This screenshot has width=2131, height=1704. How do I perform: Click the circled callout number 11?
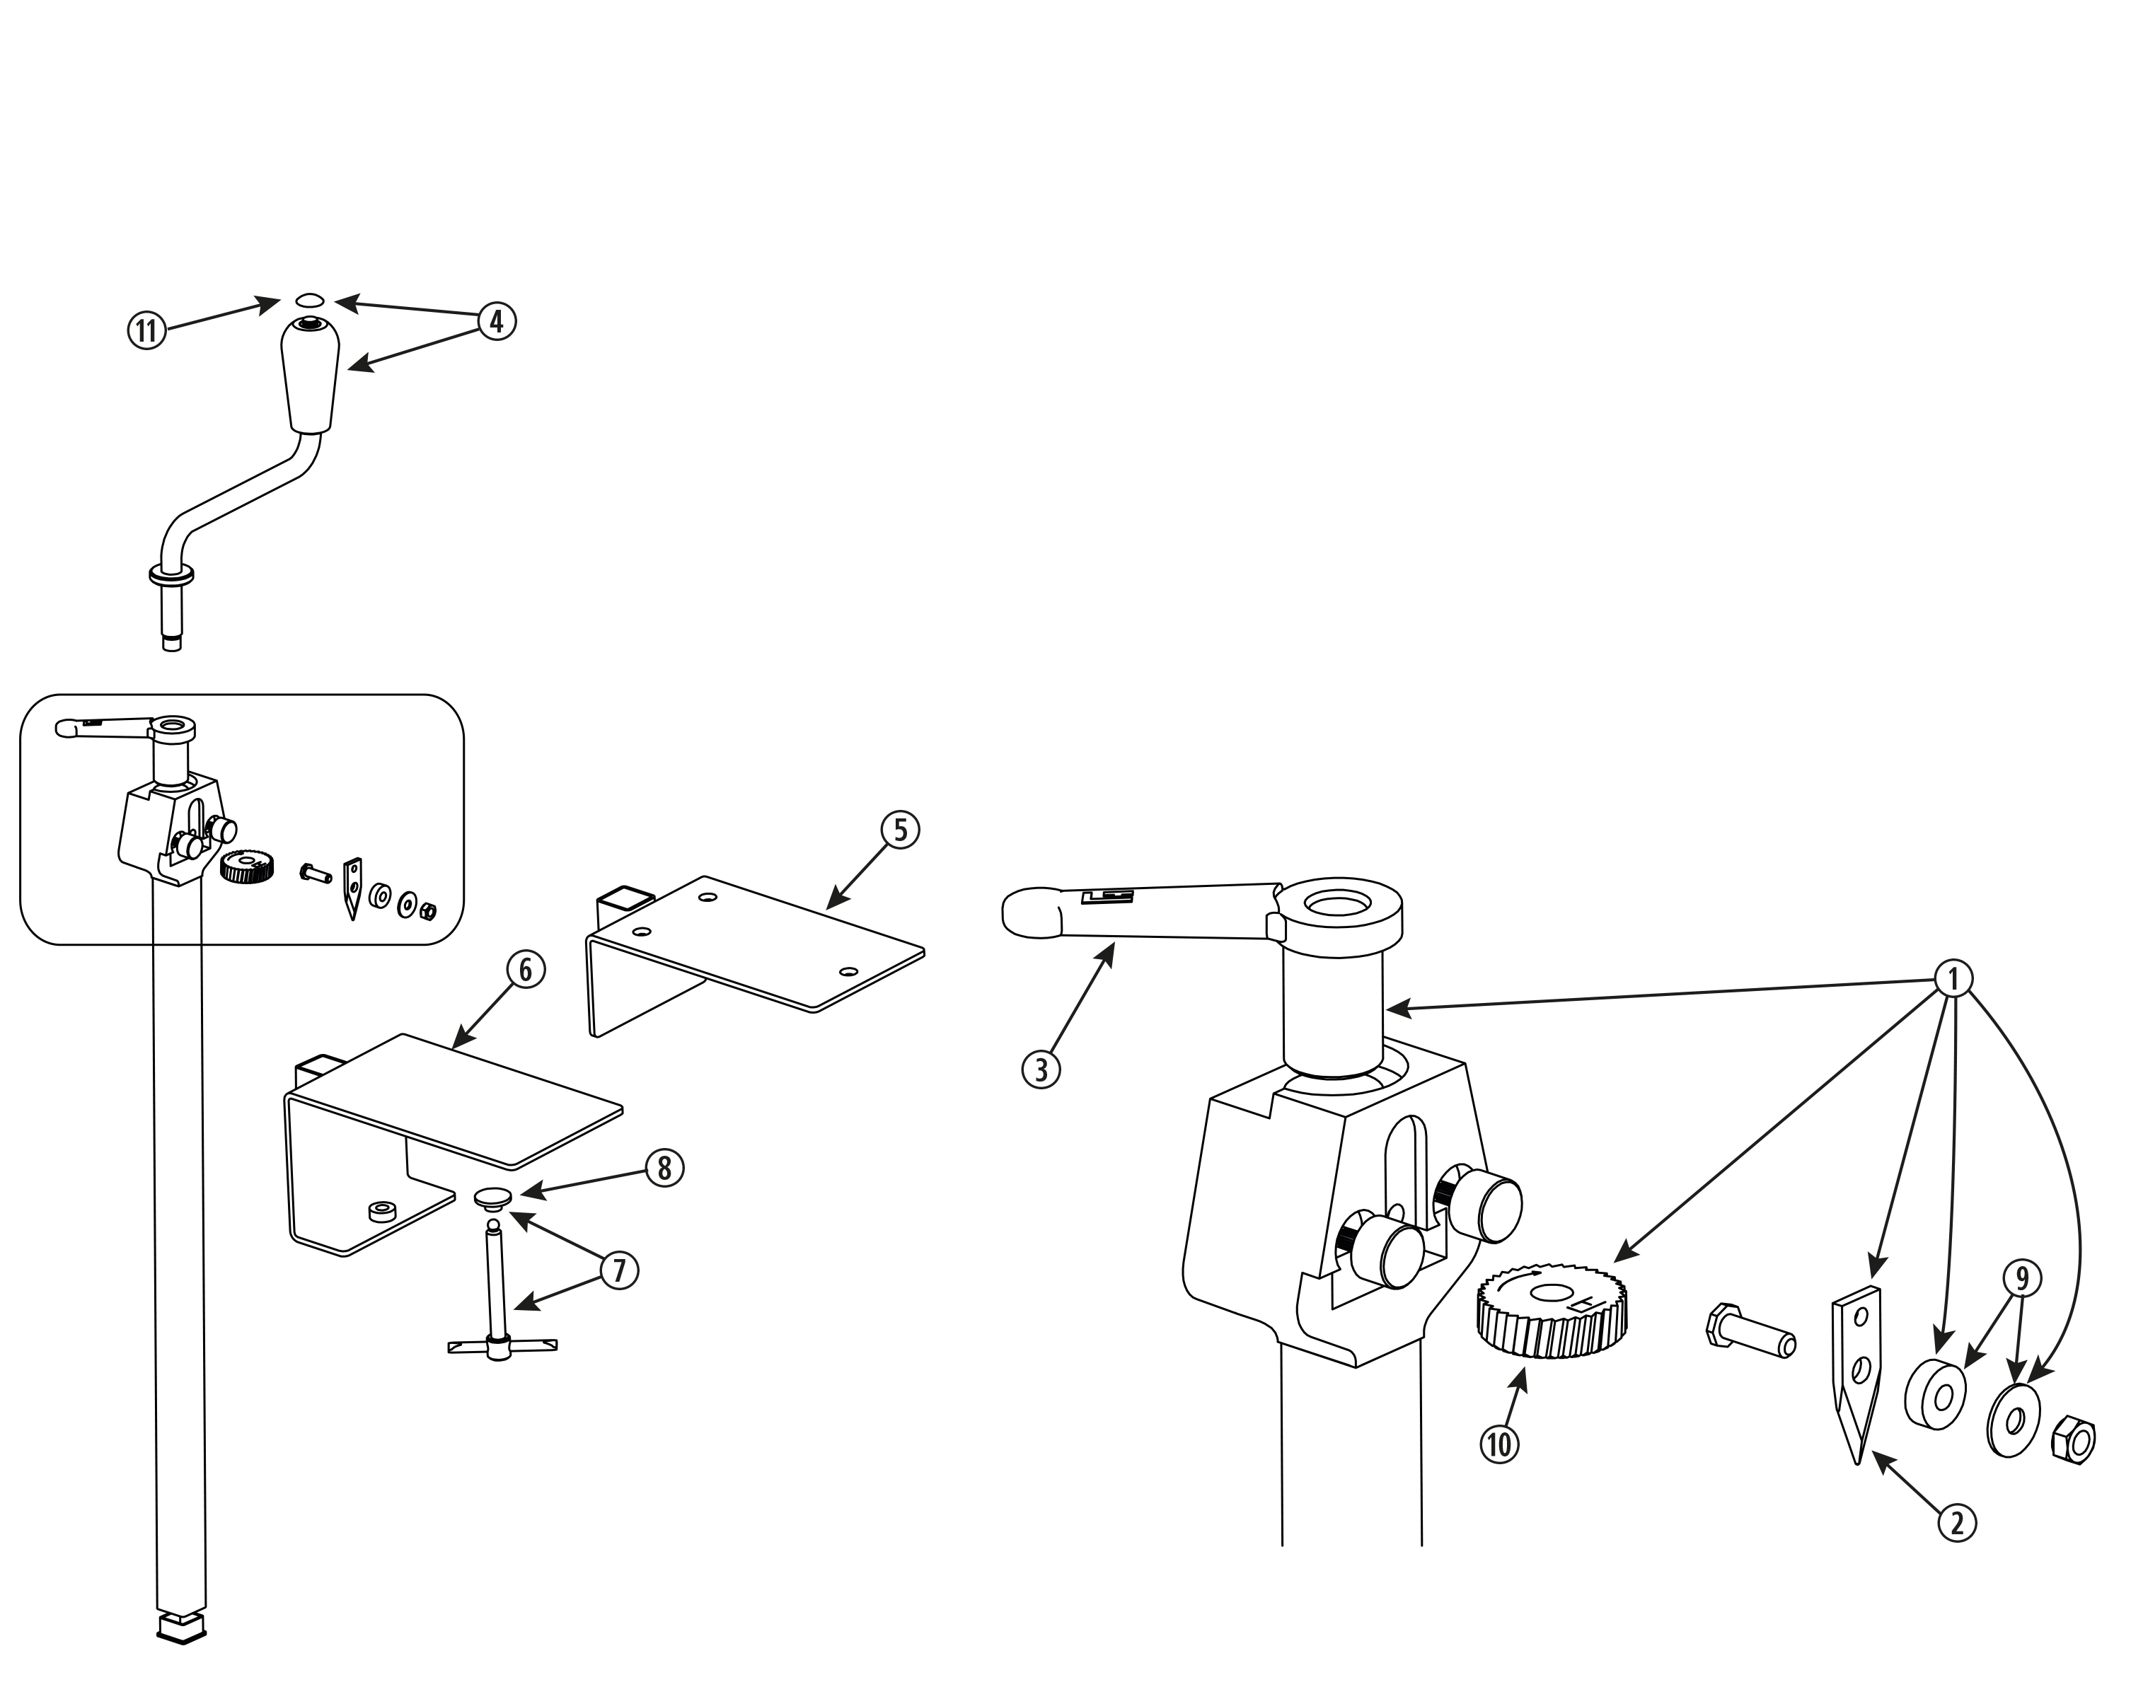(146, 330)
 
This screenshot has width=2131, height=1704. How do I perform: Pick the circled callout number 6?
(526, 970)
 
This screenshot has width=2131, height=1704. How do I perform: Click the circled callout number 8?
(664, 1169)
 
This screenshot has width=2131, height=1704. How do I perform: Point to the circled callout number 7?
(619, 1270)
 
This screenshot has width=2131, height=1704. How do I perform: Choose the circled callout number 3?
(1041, 1069)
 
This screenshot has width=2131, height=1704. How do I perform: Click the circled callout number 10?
(1499, 1445)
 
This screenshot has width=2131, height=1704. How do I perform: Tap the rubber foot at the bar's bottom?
(182, 1627)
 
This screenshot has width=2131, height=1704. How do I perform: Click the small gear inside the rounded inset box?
(246, 866)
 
